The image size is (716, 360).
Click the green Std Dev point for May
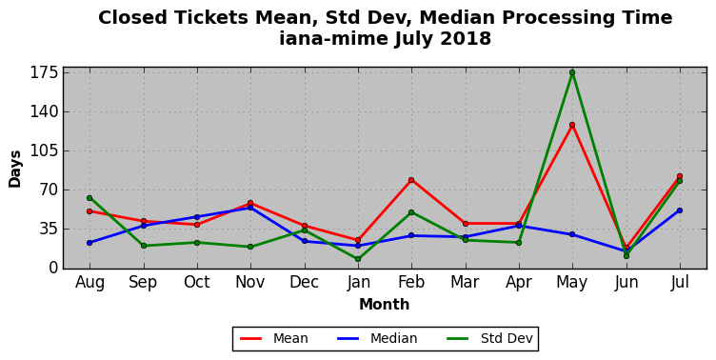[x=572, y=72]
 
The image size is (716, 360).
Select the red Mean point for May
[x=572, y=125]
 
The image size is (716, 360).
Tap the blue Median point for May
[x=572, y=234]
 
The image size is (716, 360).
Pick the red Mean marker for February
[x=411, y=180]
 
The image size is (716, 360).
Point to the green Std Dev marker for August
[x=89, y=198]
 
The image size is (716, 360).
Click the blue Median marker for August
[x=89, y=243]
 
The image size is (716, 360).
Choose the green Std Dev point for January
[x=358, y=259]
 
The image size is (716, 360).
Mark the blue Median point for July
[x=680, y=210]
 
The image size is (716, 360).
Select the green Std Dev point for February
[x=411, y=212]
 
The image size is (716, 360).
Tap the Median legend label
[x=393, y=338]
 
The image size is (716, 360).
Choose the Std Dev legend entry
[x=507, y=338]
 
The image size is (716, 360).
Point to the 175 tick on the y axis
[x=44, y=72]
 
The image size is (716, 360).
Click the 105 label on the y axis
[x=44, y=150]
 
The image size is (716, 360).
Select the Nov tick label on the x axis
[x=249, y=282]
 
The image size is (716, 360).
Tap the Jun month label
[x=626, y=283]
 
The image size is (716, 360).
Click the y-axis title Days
[x=15, y=169]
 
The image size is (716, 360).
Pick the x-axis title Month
[x=384, y=304]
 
